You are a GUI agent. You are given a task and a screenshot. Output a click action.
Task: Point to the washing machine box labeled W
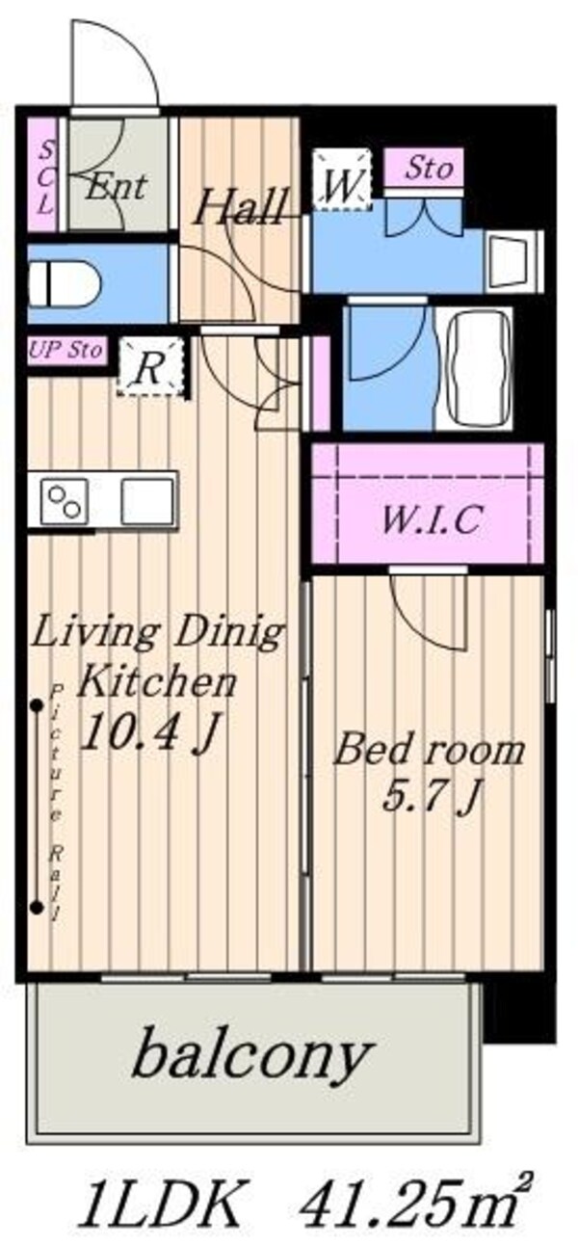(341, 180)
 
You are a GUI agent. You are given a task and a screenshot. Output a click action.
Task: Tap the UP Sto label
(66, 350)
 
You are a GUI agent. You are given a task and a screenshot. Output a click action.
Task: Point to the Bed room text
(429, 750)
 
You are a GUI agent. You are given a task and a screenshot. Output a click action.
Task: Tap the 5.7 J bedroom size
(429, 797)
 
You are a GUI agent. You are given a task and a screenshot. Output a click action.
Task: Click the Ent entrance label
(116, 185)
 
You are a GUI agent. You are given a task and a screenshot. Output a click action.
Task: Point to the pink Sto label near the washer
(424, 169)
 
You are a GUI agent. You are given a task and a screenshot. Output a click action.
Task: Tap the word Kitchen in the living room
(157, 683)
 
